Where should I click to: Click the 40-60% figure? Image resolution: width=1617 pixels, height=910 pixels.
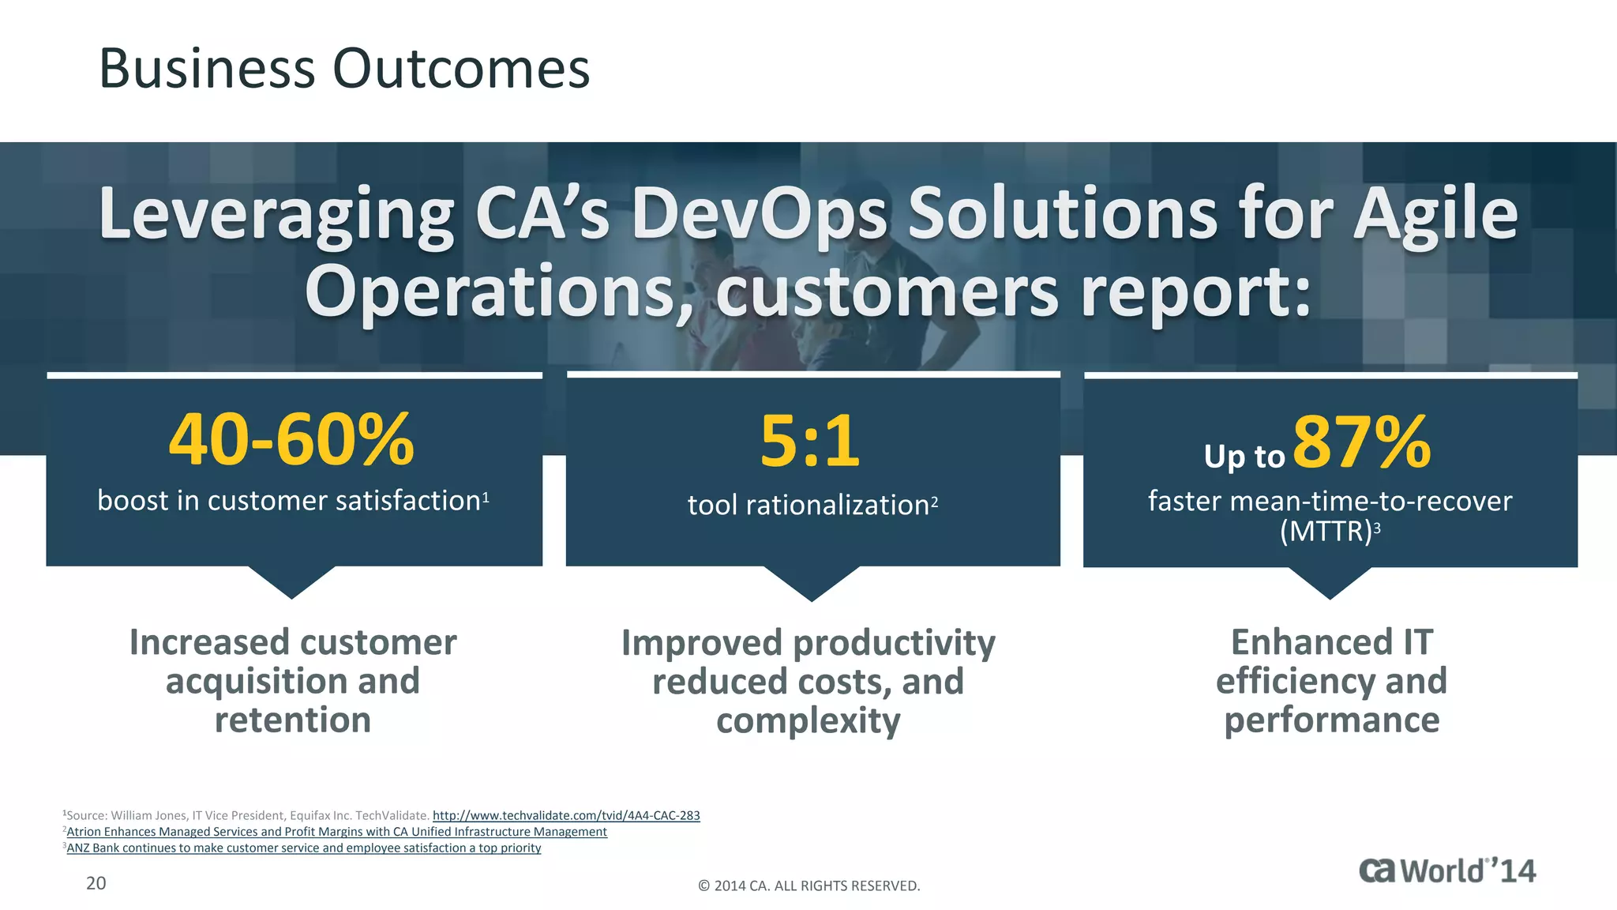point(291,439)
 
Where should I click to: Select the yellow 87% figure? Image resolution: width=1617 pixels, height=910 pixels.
point(1361,442)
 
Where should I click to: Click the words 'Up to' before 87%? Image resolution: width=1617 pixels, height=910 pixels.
point(1244,457)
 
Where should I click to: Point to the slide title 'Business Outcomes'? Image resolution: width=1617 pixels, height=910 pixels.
point(344,68)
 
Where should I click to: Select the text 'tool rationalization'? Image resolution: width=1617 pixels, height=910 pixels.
point(808,505)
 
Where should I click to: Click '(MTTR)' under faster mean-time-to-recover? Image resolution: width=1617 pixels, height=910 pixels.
point(1326,531)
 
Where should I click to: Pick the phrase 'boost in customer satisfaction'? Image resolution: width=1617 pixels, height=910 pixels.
point(289,501)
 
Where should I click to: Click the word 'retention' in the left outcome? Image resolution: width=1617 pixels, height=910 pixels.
point(293,720)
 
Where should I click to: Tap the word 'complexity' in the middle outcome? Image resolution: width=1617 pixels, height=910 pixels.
point(808,720)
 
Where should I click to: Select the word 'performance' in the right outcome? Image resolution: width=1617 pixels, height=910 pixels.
point(1331,720)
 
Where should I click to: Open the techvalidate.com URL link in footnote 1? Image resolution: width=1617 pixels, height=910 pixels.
point(566,815)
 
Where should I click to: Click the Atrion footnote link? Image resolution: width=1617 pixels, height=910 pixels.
point(336,832)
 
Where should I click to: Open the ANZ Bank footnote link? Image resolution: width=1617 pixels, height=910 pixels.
point(303,848)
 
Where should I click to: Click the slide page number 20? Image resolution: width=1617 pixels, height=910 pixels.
point(96,883)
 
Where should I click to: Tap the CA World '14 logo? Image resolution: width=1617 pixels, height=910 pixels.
point(1447,871)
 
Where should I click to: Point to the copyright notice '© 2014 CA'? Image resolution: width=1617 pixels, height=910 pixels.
point(808,886)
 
